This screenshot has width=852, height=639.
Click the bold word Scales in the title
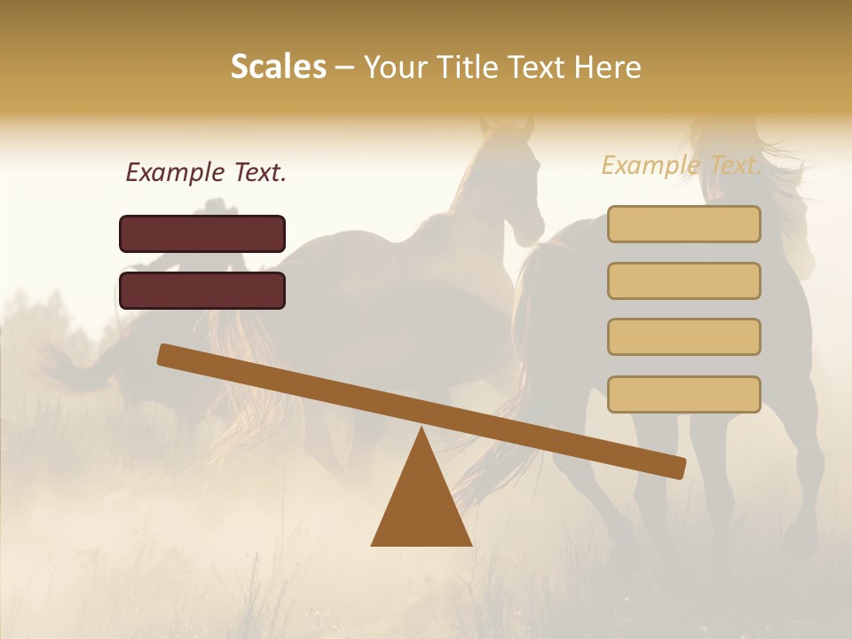[x=279, y=67]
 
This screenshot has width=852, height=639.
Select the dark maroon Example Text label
[x=206, y=173]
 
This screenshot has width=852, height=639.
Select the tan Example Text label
[x=681, y=165]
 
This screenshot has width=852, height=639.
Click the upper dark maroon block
[x=202, y=233]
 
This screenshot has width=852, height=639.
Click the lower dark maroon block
[x=202, y=290]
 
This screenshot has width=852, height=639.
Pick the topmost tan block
[x=683, y=224]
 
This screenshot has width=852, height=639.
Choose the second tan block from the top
[x=683, y=280]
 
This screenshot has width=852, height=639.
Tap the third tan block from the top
[x=683, y=336]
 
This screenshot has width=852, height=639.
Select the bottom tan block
[x=683, y=394]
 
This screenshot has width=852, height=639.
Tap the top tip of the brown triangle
[x=422, y=431]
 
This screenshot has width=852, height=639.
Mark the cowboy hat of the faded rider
[x=216, y=208]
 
